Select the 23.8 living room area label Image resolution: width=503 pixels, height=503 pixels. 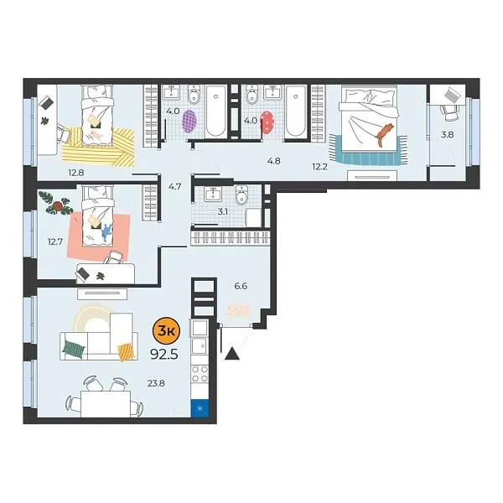(155, 384)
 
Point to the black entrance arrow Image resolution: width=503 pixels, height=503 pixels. (232, 355)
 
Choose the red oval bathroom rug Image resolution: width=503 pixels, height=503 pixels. (268, 122)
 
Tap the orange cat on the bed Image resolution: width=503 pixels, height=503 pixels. (385, 132)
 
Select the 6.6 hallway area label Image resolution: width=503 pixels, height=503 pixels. (241, 286)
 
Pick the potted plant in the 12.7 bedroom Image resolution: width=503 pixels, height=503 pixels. (60, 201)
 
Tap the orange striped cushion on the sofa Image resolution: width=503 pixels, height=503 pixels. (126, 351)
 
